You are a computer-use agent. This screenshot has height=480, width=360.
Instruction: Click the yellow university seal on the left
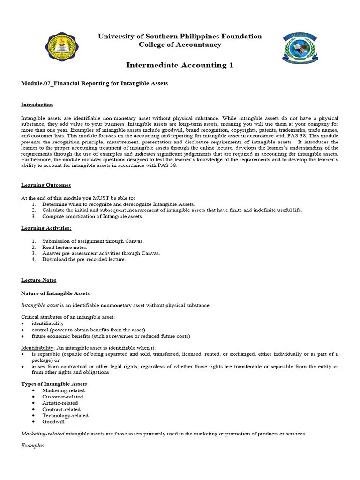coord(62,48)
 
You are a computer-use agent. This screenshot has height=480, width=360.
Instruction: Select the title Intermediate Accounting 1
coord(180,65)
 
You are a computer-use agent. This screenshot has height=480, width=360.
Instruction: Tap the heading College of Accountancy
coord(180,45)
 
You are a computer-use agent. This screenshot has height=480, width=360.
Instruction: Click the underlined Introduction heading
coord(37,105)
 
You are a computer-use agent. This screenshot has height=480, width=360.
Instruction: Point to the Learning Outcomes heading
coord(46,185)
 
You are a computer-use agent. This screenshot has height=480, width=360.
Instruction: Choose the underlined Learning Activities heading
coord(46,228)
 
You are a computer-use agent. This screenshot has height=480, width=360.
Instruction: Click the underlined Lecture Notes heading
coord(38,280)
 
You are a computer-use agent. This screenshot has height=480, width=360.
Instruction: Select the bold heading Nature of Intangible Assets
coord(55,293)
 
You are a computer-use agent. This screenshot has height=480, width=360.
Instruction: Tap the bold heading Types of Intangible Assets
coord(54,384)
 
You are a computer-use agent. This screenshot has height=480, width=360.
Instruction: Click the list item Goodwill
coord(53,422)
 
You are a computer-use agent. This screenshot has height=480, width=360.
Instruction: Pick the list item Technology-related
coord(65,415)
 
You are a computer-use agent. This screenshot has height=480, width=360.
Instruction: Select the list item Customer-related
coord(62,397)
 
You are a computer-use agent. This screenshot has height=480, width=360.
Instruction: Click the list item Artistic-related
coord(60,403)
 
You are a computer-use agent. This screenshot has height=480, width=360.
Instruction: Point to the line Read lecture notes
coord(65,247)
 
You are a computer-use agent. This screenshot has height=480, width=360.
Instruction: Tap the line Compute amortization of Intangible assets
coord(93,216)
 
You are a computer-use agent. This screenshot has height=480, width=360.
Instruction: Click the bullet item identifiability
coord(48,323)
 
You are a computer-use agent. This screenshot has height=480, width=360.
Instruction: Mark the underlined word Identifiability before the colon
coord(37,348)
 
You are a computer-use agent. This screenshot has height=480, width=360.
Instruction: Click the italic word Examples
coord(32,445)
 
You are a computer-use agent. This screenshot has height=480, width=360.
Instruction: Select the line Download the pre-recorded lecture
coord(84,259)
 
